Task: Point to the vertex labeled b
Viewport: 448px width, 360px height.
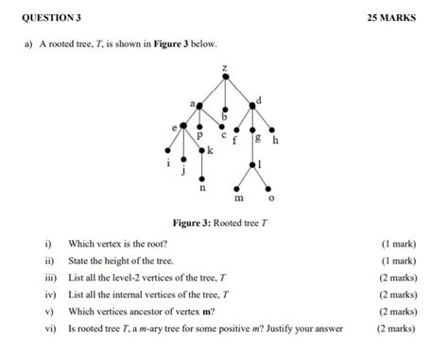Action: (x=224, y=107)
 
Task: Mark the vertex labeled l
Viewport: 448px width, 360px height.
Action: (x=252, y=163)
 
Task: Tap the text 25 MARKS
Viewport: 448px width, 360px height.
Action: (x=390, y=17)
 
